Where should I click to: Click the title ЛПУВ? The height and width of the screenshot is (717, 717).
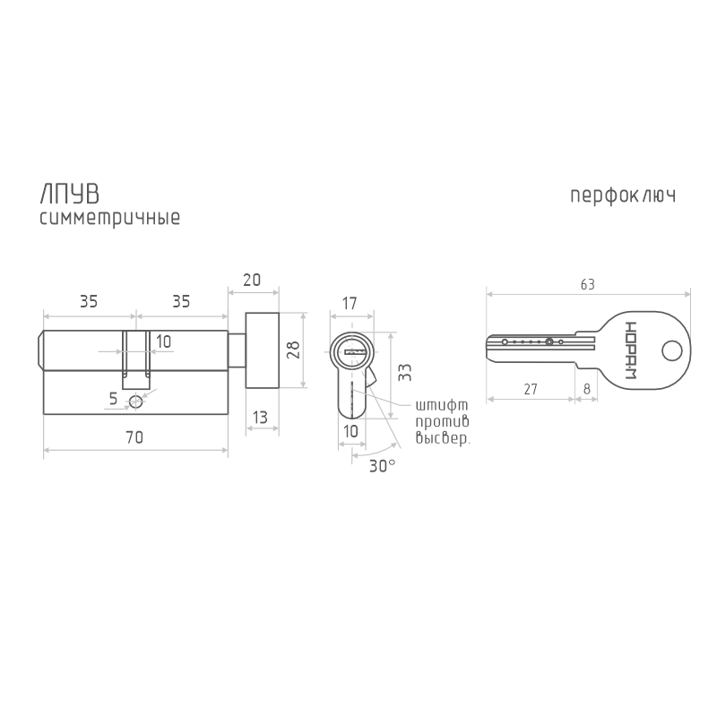(x=70, y=194)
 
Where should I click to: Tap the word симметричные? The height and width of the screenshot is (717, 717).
(x=109, y=218)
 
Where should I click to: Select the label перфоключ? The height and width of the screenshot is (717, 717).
(x=623, y=195)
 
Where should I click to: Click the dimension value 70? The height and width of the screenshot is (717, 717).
(x=134, y=437)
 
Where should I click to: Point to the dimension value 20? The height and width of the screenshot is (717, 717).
(x=252, y=280)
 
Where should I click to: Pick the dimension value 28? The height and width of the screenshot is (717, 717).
(x=294, y=350)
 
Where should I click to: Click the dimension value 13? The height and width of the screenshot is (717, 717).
(x=260, y=418)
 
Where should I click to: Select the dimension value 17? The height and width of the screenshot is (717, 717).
(x=350, y=303)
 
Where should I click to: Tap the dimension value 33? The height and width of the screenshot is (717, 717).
(x=405, y=372)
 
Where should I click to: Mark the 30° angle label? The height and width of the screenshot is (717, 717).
(x=383, y=466)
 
